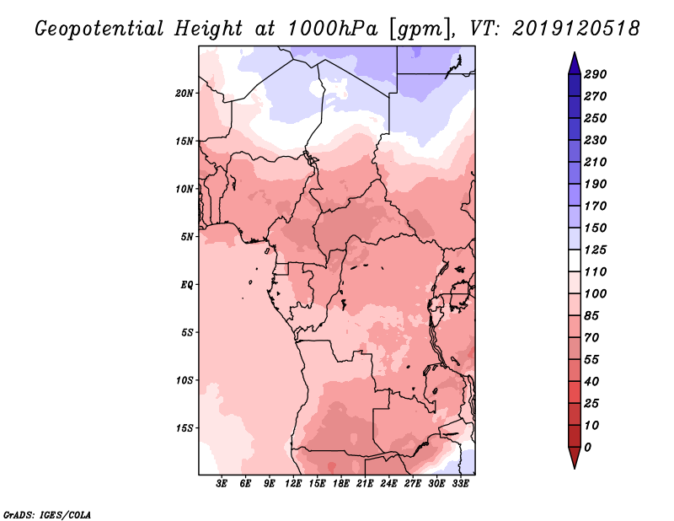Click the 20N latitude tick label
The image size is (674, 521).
[185, 93]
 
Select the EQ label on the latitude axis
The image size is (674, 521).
[186, 284]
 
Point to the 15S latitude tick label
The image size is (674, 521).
[185, 427]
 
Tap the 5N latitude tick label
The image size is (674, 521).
[187, 236]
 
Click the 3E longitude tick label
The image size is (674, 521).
[222, 484]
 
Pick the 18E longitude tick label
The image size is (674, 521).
[341, 484]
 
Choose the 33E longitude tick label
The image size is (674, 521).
[460, 484]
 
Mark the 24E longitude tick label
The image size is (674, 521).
[388, 484]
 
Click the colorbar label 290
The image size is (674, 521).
[596, 74]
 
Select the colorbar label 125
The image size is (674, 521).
[596, 250]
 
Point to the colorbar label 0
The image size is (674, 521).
[587, 447]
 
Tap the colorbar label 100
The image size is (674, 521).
[596, 293]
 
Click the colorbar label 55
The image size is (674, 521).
[592, 359]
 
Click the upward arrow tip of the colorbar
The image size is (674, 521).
[573, 56]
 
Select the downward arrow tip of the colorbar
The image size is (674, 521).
[573, 465]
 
